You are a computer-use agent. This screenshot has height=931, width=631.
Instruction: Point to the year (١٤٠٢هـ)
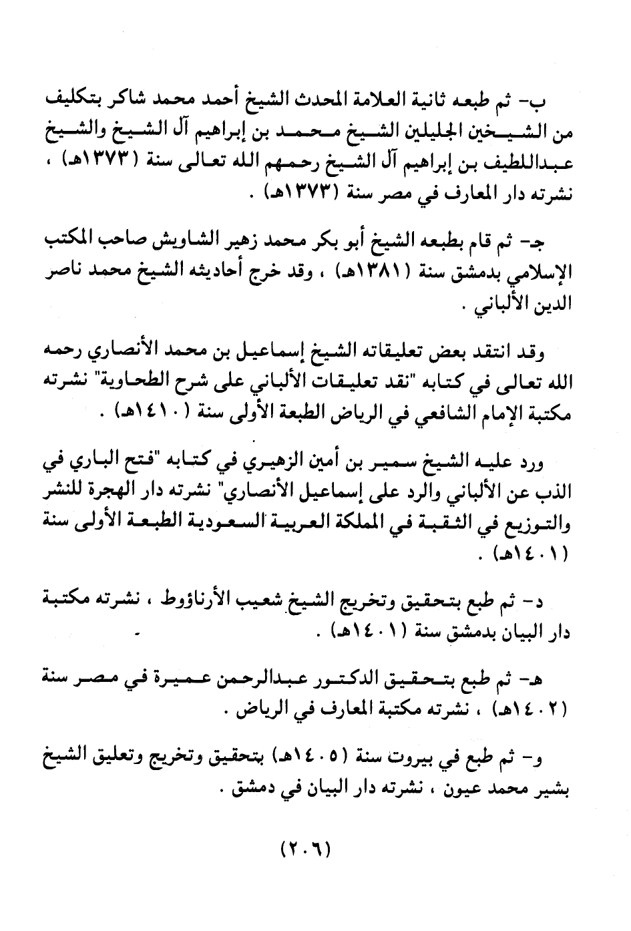tap(530, 708)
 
